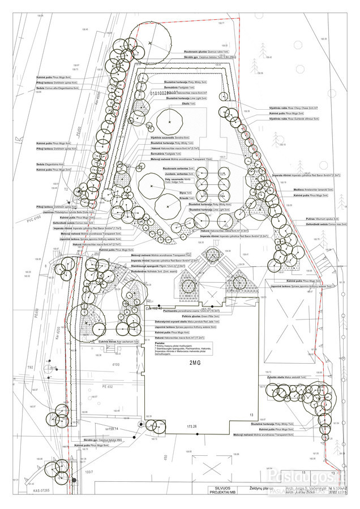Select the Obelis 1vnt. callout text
point(190,104)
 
